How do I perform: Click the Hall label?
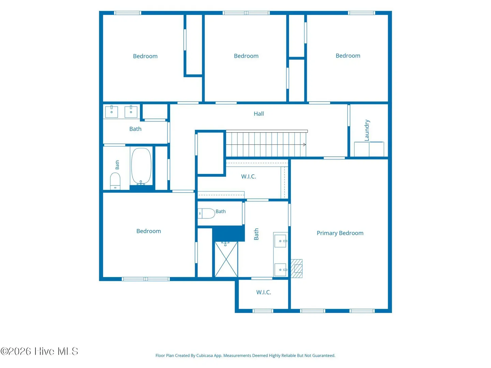(x=258, y=114)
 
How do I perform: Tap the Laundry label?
(x=367, y=130)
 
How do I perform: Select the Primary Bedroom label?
(x=340, y=233)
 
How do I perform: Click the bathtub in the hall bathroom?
(x=141, y=167)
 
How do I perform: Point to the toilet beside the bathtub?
(x=115, y=181)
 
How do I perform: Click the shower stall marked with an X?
(x=226, y=259)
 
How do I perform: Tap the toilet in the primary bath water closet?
(x=206, y=213)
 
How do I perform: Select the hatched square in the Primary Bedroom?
(x=297, y=269)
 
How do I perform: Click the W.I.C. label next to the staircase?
(x=248, y=177)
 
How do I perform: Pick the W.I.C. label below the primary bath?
(x=264, y=292)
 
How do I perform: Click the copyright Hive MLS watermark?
(x=39, y=351)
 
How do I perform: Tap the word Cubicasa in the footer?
(x=205, y=355)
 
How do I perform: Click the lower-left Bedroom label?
(x=149, y=231)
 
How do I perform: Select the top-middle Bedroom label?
(x=246, y=56)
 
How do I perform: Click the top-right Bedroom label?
(x=348, y=56)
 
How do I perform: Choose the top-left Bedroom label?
(x=145, y=56)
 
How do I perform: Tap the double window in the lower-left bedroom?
(x=146, y=279)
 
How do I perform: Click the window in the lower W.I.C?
(x=263, y=311)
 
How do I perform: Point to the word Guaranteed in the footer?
(x=324, y=355)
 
